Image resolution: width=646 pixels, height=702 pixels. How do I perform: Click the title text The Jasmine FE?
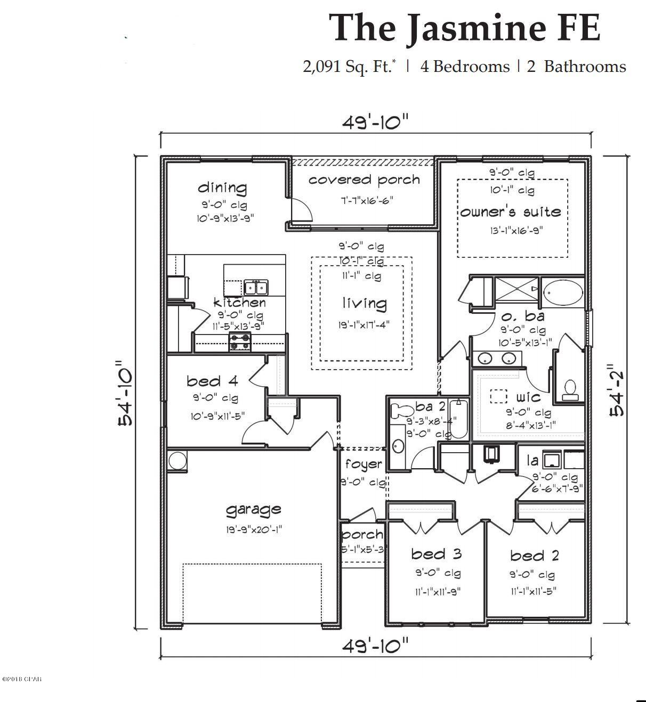point(464,28)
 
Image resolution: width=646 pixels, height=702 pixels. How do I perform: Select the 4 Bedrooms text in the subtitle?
point(464,67)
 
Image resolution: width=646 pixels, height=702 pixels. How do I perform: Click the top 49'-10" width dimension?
point(375,123)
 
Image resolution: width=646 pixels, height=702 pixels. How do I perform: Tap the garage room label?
point(253,510)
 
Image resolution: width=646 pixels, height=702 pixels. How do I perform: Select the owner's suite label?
point(511,212)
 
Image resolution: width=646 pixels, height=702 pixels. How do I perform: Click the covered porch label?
point(364,180)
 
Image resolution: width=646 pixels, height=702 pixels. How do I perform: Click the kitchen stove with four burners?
point(240,342)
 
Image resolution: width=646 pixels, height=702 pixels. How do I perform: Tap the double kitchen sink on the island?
point(256,288)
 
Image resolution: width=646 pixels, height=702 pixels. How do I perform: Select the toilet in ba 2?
point(400,410)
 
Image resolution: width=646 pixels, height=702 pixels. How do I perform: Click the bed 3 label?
point(436,554)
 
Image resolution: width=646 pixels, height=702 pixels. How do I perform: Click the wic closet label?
point(528,397)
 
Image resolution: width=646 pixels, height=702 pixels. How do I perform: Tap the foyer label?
point(363,464)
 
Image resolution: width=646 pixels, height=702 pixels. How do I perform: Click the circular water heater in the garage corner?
point(177,460)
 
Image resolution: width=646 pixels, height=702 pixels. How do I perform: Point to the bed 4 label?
point(212,381)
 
